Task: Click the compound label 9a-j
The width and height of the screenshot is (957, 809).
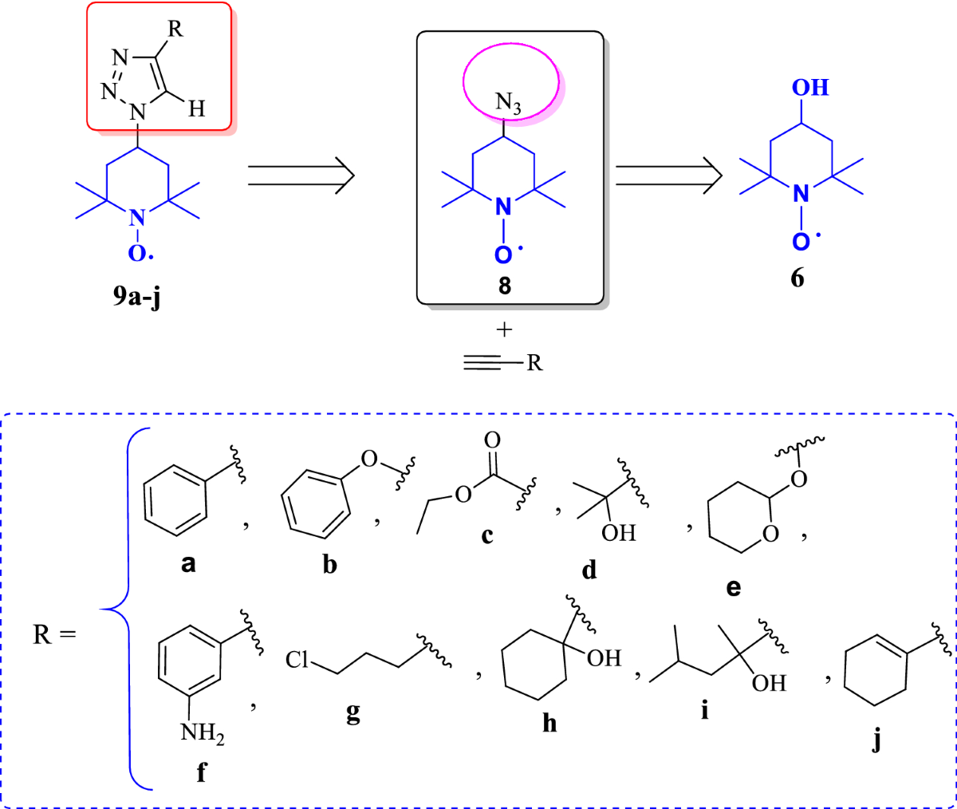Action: click(x=137, y=297)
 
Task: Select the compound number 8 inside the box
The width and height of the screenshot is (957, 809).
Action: click(x=504, y=286)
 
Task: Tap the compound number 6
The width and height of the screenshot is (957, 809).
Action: click(x=797, y=278)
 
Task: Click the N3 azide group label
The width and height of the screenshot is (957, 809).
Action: click(x=508, y=103)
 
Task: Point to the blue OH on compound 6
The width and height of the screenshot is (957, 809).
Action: click(x=810, y=87)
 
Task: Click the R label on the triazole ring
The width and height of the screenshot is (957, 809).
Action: click(x=175, y=30)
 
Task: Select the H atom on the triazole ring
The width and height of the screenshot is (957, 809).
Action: click(x=196, y=108)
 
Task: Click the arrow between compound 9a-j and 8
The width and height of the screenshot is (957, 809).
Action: click(x=301, y=175)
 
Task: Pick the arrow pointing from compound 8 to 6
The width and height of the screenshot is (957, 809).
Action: click(x=668, y=175)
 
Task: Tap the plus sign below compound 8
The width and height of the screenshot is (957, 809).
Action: click(x=504, y=330)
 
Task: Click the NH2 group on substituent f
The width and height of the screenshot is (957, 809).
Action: click(x=202, y=732)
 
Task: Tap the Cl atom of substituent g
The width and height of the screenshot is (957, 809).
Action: click(x=297, y=660)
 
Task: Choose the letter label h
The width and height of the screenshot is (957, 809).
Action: click(x=549, y=722)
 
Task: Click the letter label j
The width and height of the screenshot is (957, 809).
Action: click(x=877, y=740)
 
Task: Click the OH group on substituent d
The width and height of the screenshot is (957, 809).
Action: click(x=619, y=532)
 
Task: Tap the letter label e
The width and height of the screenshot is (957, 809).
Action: click(x=734, y=588)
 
